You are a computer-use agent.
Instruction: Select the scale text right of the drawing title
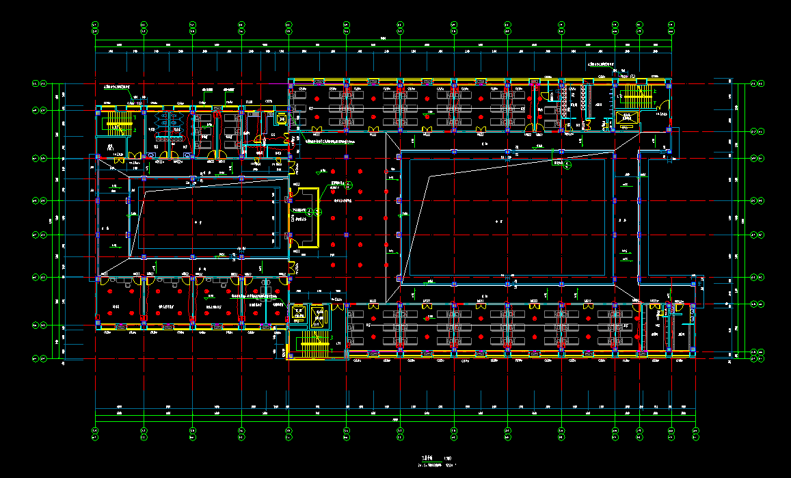[x=448, y=459]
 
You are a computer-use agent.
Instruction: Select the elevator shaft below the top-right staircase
[x=627, y=118]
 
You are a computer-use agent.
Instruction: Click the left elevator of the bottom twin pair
[x=299, y=315]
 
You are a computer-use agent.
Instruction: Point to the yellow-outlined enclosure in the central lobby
[x=305, y=217]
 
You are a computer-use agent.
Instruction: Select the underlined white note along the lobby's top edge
[x=328, y=142]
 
